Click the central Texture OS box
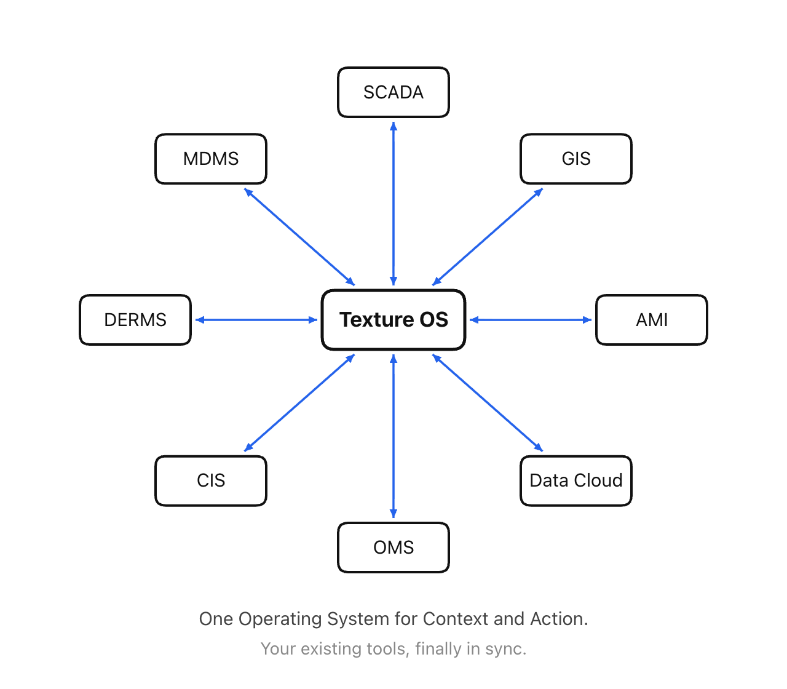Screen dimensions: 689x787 click(x=393, y=320)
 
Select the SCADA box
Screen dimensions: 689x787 click(x=393, y=92)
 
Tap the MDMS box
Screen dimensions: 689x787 click(x=211, y=159)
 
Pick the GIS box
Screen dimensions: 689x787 click(x=576, y=159)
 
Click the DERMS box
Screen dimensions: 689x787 click(x=135, y=320)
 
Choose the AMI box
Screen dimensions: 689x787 click(x=652, y=320)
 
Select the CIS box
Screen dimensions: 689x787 click(x=211, y=480)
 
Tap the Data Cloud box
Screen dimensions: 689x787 click(x=576, y=480)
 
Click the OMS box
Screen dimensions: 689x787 click(x=393, y=548)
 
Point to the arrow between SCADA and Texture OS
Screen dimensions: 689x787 click(x=393, y=203)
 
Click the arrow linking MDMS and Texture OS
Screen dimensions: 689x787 click(x=299, y=237)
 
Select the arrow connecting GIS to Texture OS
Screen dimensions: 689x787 click(x=488, y=237)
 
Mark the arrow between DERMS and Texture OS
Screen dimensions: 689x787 click(x=256, y=320)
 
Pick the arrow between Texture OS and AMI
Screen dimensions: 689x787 click(x=531, y=320)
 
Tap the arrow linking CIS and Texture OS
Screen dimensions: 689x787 click(x=299, y=403)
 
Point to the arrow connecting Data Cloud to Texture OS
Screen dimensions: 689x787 click(x=488, y=403)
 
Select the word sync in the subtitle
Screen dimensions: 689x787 click(x=507, y=649)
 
